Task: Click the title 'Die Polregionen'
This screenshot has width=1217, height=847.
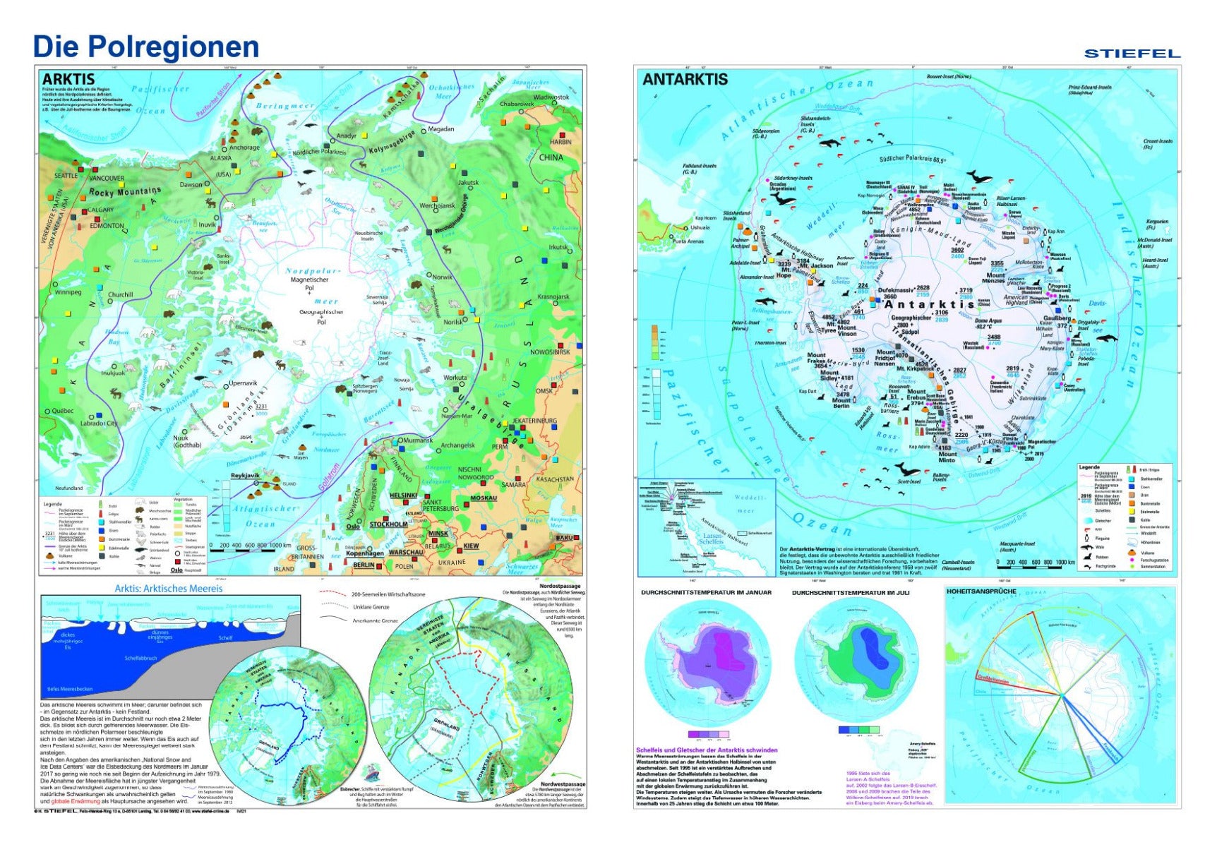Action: (x=146, y=47)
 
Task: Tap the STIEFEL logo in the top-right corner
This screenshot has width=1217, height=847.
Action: (x=1132, y=54)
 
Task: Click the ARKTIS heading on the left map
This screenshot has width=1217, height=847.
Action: (x=68, y=79)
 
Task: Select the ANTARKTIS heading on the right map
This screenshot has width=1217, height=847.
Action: (x=685, y=79)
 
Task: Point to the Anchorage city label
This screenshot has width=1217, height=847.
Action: (x=244, y=148)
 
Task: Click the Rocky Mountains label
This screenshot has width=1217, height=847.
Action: (x=125, y=191)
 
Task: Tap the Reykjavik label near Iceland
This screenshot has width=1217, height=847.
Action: (x=246, y=476)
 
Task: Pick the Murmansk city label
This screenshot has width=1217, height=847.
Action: (x=417, y=440)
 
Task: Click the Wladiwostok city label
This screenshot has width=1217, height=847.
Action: (x=551, y=97)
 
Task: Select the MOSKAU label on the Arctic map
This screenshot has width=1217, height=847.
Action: (x=484, y=498)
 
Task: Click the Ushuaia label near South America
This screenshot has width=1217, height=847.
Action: (x=700, y=227)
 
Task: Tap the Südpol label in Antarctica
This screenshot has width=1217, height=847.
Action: (x=910, y=331)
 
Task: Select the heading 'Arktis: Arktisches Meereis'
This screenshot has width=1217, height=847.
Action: (x=168, y=589)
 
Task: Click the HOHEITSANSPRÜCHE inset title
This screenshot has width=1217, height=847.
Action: (x=981, y=591)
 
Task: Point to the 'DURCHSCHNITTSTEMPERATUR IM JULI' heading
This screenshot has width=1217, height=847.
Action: (x=850, y=593)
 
